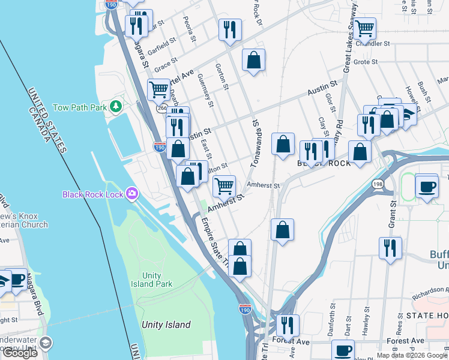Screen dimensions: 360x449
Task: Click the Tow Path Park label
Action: tap(79, 107)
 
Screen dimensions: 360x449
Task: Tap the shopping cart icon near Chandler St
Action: tap(364, 28)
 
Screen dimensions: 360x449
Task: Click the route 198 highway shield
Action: tap(377, 183)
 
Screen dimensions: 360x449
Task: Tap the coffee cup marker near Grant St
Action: tap(427, 187)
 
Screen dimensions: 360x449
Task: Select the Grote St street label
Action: tap(365, 62)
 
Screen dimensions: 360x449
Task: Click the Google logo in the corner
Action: tap(20, 353)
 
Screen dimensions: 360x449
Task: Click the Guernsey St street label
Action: tap(205, 91)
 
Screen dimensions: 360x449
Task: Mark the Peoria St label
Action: tap(190, 29)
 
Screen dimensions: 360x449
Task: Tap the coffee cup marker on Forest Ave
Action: tap(343, 350)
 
